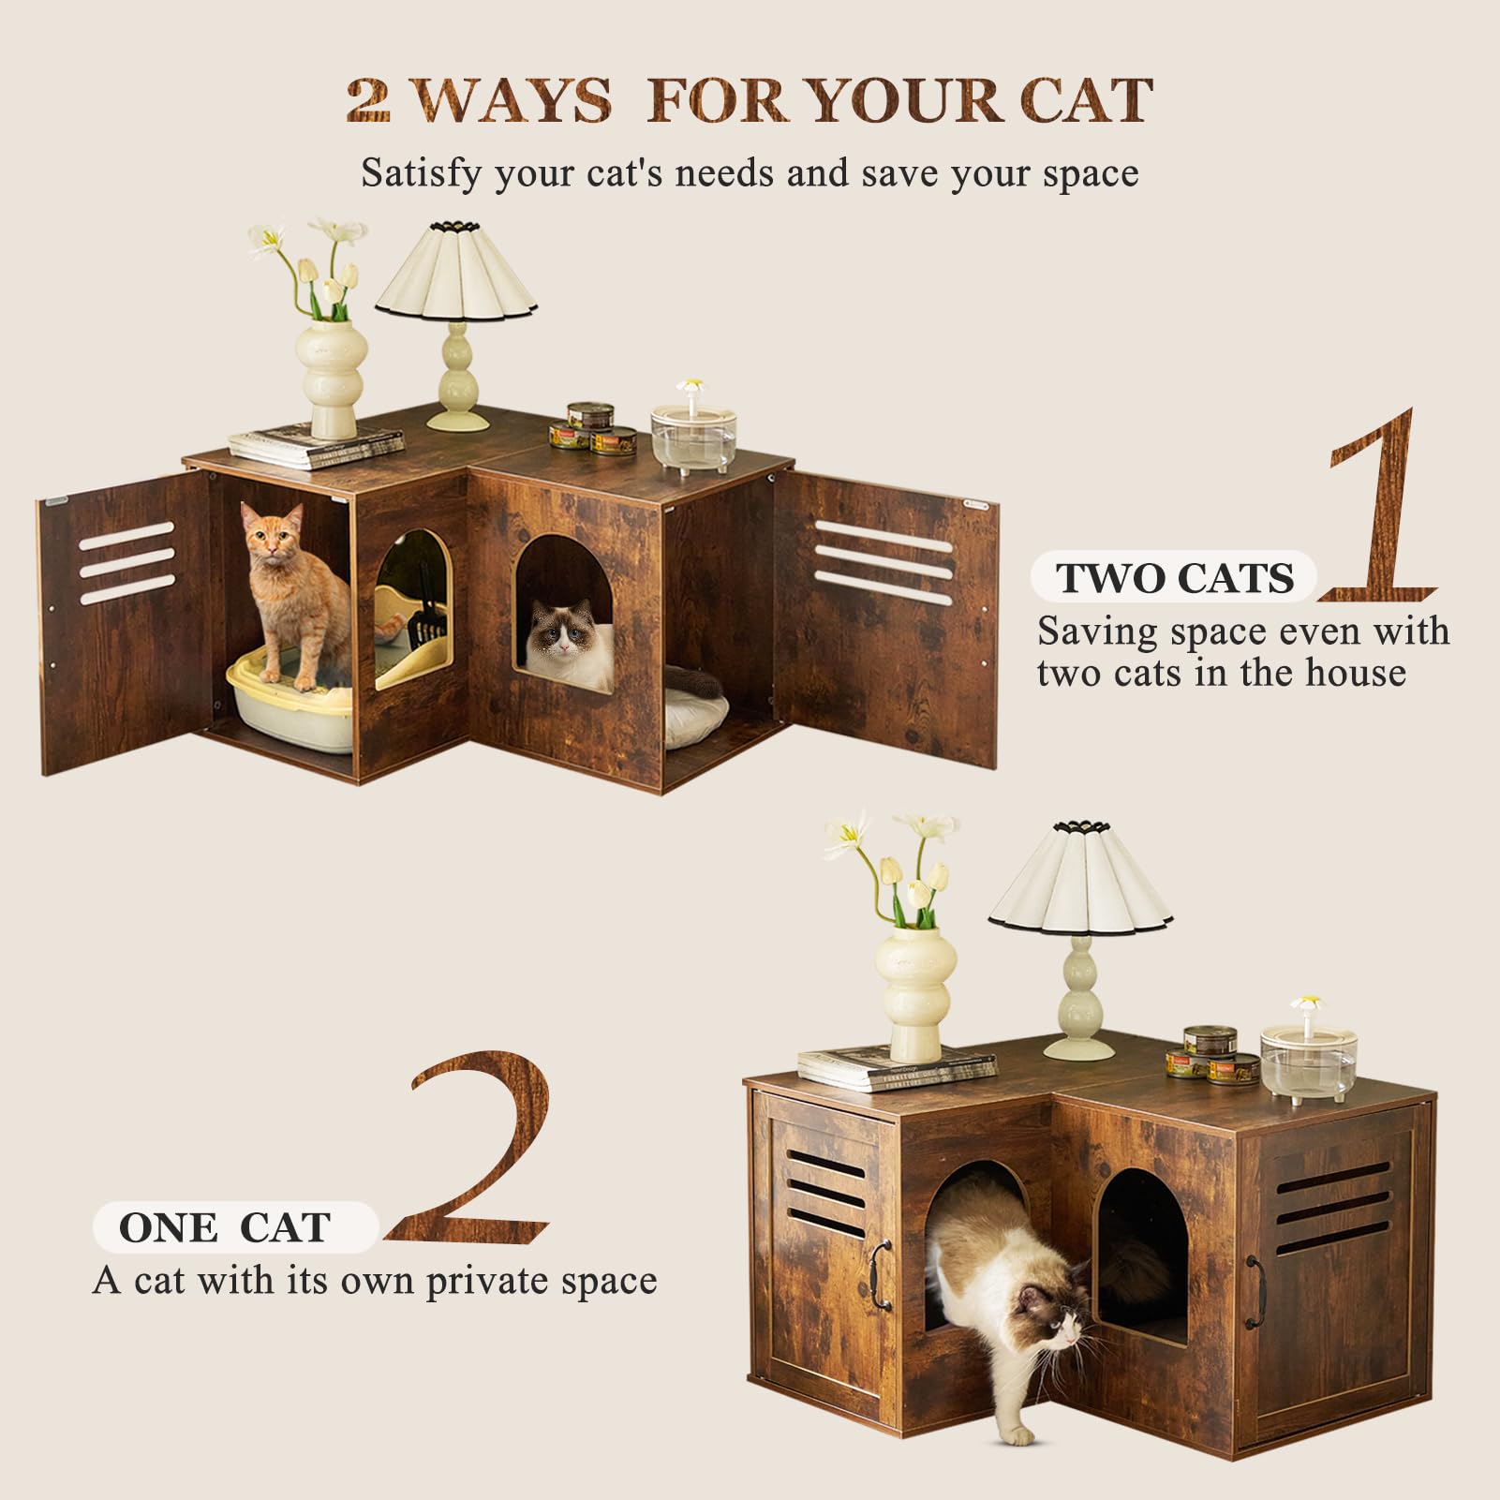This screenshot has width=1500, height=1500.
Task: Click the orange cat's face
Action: point(272,538)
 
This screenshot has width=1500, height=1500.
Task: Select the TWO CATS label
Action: point(1175,577)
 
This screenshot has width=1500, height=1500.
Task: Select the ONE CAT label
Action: point(225,1227)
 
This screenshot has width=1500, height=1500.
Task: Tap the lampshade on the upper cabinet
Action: point(456,272)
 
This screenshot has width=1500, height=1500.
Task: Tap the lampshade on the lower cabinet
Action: point(1080,877)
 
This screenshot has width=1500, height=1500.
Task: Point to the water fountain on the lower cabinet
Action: point(1309,1059)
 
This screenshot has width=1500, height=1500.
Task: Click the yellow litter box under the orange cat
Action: point(290,712)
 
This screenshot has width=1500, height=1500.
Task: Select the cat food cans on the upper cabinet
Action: point(592,429)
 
